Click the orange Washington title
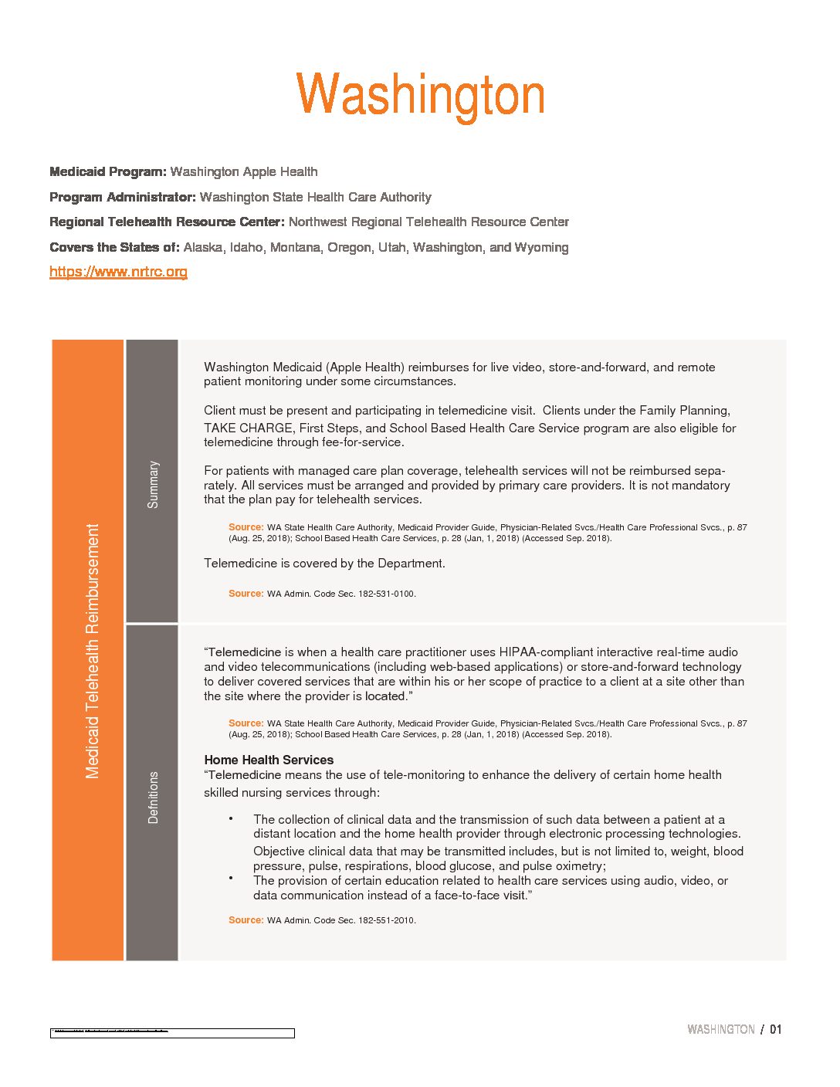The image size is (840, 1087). [x=420, y=96]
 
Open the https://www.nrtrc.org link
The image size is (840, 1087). [x=118, y=272]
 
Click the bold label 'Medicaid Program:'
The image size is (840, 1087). [x=107, y=171]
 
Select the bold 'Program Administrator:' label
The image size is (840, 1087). [x=122, y=197]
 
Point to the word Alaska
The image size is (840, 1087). [x=203, y=247]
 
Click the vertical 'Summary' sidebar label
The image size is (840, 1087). [x=153, y=484]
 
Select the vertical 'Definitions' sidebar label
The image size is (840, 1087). [x=153, y=797]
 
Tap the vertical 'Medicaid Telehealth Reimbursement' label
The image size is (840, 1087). [x=93, y=651]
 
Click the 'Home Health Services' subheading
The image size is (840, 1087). [x=269, y=760]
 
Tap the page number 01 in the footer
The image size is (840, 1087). [x=776, y=1029]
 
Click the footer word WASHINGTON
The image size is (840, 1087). [x=720, y=1029]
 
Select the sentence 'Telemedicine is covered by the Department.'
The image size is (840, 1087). [x=324, y=564]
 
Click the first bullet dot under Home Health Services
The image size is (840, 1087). [x=231, y=818]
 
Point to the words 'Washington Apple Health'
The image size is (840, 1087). [x=244, y=171]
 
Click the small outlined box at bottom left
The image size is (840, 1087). [x=172, y=1033]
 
